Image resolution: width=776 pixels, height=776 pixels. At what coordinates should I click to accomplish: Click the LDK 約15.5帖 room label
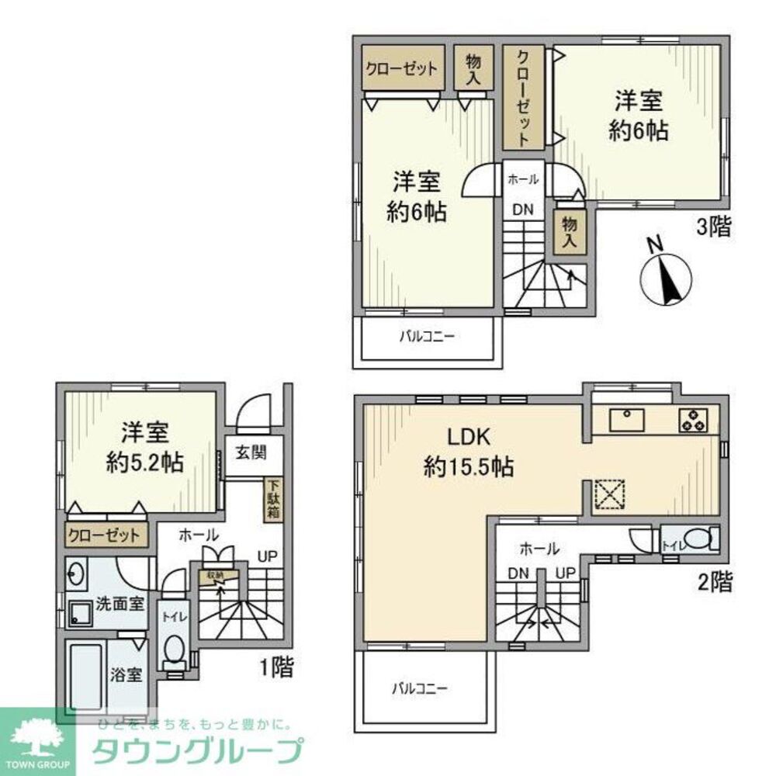coord(467,452)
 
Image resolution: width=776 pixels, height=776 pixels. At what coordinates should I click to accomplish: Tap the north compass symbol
coord(665,279)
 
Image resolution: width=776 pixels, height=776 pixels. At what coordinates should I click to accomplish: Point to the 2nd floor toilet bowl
coord(700,539)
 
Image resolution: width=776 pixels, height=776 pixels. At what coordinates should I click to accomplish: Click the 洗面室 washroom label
coord(120,604)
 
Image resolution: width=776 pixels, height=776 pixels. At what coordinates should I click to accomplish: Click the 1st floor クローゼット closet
coord(104,535)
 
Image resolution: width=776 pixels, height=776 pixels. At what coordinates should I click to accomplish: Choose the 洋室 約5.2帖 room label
coord(144,448)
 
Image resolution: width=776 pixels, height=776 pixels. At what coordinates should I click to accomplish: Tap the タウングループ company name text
coord(196,752)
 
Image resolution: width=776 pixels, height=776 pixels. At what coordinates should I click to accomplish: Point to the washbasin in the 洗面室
coord(76,574)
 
